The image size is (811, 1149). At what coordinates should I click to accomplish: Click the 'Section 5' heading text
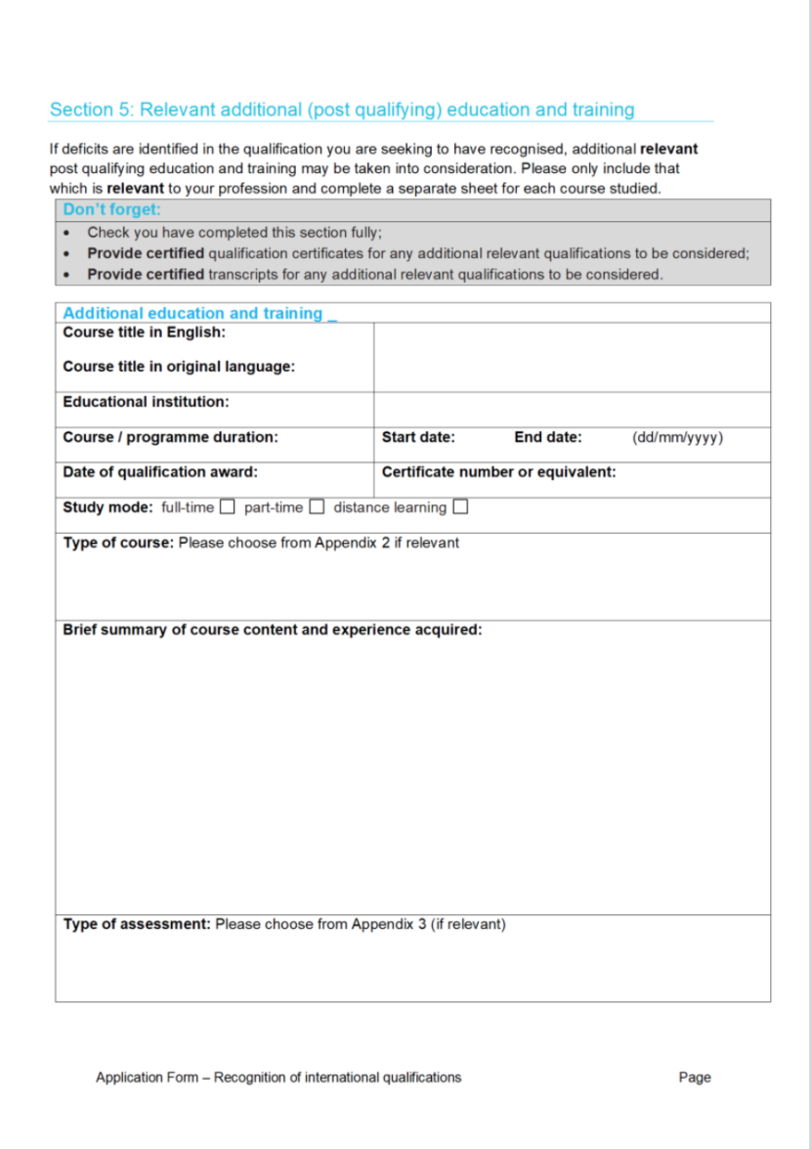pos(341,110)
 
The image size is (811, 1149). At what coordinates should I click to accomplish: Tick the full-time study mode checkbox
pos(227,508)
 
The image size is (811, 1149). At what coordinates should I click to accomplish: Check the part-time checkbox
pos(317,508)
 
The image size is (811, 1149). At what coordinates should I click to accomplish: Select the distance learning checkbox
pos(460,508)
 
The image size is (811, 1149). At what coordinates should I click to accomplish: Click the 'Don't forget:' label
pos(111,209)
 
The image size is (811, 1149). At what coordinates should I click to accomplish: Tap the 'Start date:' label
pos(417,438)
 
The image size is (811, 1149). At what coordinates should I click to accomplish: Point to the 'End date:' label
pos(547,438)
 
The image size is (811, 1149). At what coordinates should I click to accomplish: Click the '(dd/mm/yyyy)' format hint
pos(677,438)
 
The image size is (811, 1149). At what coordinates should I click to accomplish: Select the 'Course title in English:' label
pos(144,332)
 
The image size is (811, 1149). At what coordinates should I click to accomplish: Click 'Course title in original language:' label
pos(179,367)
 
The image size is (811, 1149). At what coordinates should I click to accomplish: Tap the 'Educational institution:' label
pos(146,402)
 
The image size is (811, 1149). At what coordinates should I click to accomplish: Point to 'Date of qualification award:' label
pos(160,472)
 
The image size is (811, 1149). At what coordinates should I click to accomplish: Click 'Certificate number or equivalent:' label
pos(498,472)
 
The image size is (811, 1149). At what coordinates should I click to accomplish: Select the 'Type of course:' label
pos(118,543)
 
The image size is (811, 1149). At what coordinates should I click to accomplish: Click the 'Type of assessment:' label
pos(137,924)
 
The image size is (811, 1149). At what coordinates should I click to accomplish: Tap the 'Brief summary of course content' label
pos(272,630)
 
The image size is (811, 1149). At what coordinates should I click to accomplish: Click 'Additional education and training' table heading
pos(192,314)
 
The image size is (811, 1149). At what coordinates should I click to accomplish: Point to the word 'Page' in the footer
pos(695,1078)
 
